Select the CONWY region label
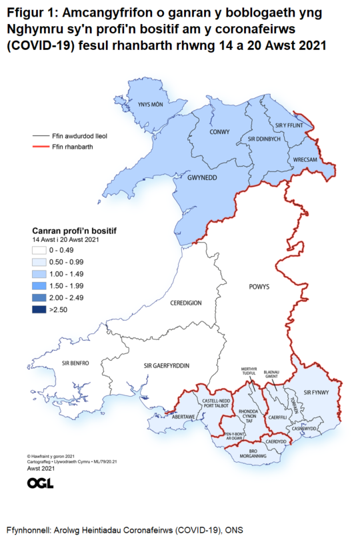(x=219, y=131)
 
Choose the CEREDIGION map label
(x=185, y=302)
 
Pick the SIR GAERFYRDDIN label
(x=166, y=366)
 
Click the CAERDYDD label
(x=275, y=441)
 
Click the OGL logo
(x=40, y=483)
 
